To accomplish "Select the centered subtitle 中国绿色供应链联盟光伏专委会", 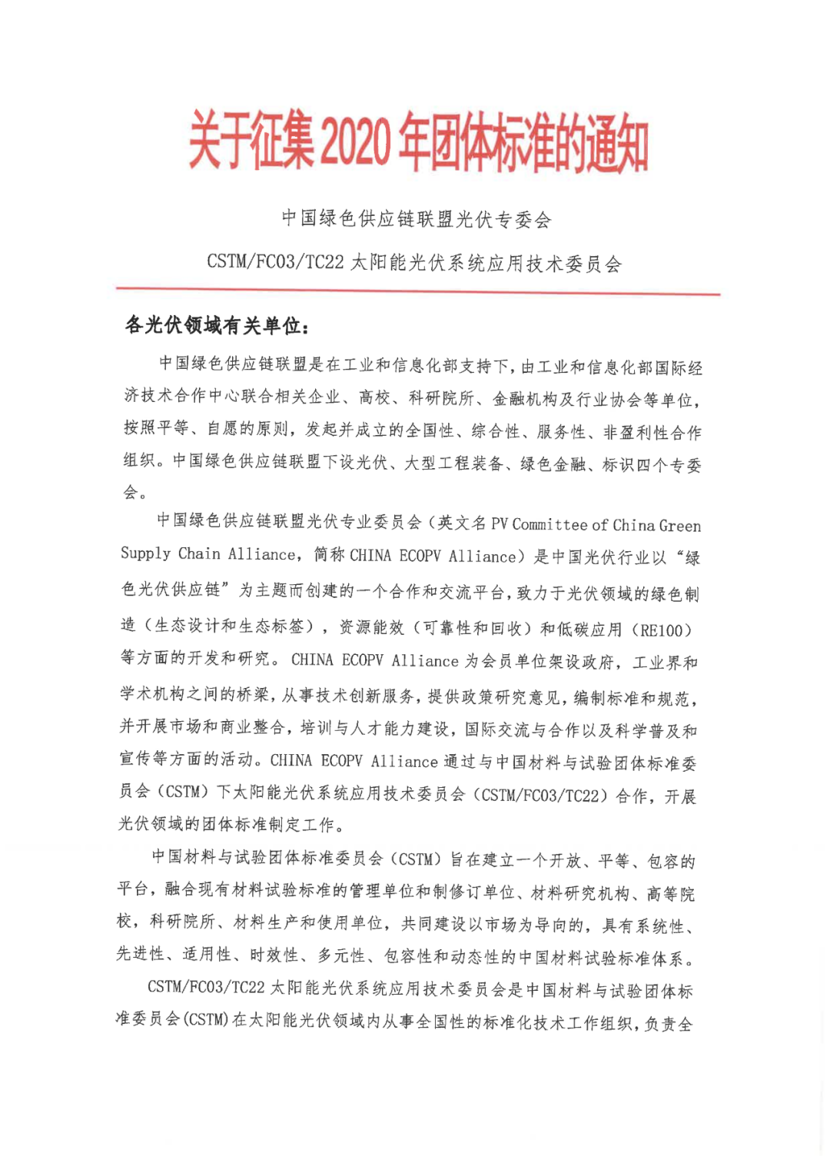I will pyautogui.click(x=416, y=220).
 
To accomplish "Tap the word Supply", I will pyautogui.click(x=145, y=554).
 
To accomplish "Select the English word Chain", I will pyautogui.click(x=199, y=554).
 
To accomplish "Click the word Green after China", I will pyautogui.click(x=679, y=526).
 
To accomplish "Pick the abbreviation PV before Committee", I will pyautogui.click(x=500, y=525).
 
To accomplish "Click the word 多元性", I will pyautogui.click(x=341, y=955).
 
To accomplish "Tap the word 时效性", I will pyautogui.click(x=274, y=955).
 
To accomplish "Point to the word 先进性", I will pyautogui.click(x=141, y=955).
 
